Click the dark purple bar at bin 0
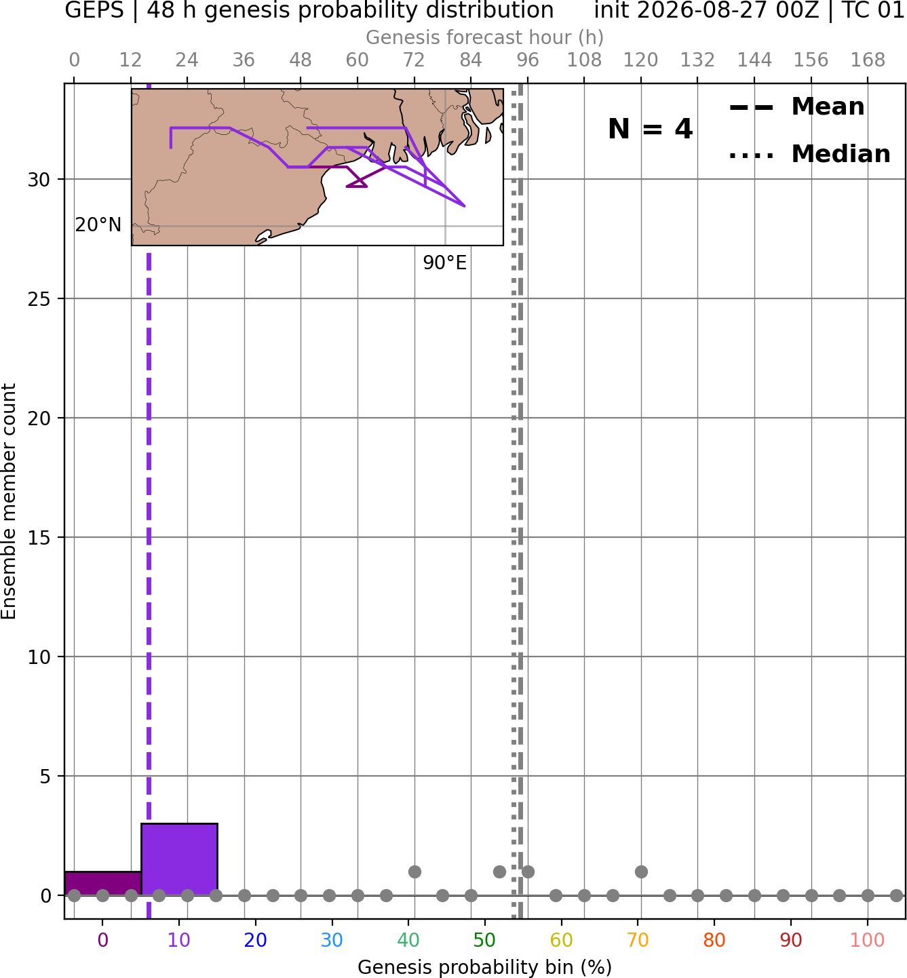pos(103,884)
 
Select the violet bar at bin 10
pos(179,859)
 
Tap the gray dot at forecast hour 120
pos(641,872)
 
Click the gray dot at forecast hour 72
pos(414,872)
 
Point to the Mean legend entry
pos(796,106)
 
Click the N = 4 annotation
pos(651,129)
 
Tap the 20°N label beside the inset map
pos(98,225)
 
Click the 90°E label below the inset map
pos(444,263)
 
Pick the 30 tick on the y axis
pos(39,180)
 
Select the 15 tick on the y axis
pos(39,538)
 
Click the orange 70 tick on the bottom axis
pos(638,941)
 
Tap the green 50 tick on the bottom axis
pos(484,941)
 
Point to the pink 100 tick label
pos(868,941)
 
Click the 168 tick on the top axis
pos(868,60)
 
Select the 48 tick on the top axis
pos(301,60)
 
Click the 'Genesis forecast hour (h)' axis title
pos(485,37)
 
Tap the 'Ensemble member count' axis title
pos(8,501)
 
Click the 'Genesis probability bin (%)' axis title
pos(485,967)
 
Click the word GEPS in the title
pos(94,10)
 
